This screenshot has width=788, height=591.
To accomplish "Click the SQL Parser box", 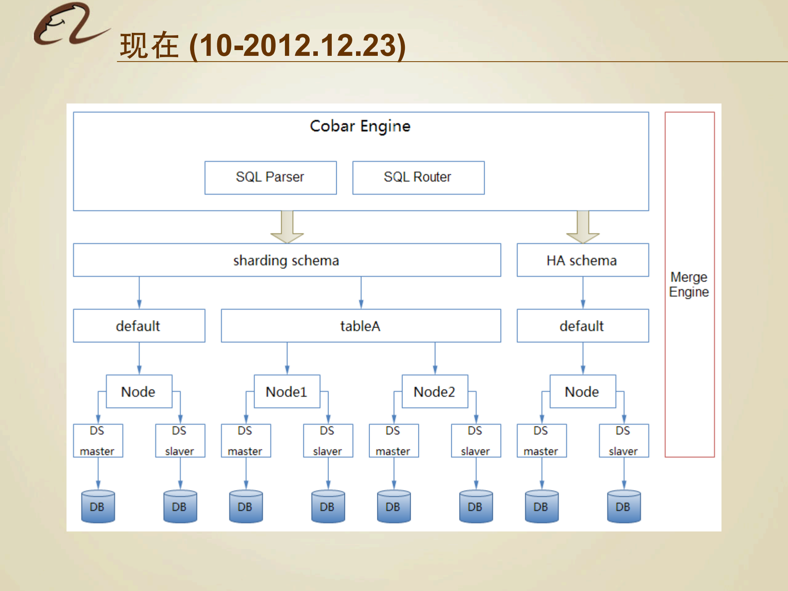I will [270, 177].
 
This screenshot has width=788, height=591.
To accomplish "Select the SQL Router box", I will [418, 177].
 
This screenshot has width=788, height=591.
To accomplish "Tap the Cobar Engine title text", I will [360, 126].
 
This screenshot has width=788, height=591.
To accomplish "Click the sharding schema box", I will [287, 260].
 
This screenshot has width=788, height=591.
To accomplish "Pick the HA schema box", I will [582, 260].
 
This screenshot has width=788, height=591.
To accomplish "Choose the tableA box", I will [361, 326].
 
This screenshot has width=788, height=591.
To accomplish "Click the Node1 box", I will [287, 391].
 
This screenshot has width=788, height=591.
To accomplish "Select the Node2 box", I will [434, 391].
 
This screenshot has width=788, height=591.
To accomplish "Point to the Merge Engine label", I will [689, 284].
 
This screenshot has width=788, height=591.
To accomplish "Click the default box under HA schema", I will [582, 326].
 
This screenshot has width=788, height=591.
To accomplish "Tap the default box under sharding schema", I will [139, 326].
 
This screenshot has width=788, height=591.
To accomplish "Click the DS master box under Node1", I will [246, 441].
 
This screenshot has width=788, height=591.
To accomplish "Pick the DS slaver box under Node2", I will [476, 441].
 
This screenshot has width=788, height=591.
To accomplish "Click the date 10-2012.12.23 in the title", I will [298, 46].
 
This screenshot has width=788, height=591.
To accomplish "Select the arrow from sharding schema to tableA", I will [361, 293].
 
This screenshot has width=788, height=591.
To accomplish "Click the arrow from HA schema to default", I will [583, 293].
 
